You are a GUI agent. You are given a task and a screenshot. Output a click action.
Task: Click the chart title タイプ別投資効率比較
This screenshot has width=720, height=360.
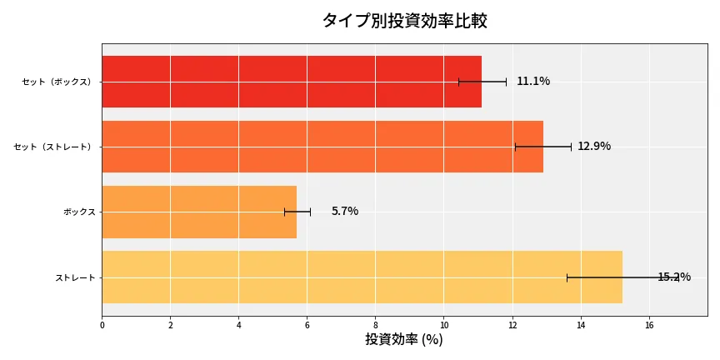click(404, 21)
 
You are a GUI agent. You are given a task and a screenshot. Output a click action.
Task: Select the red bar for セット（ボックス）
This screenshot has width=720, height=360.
click(292, 82)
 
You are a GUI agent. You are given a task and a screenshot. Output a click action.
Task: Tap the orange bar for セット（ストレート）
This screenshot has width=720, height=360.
click(322, 147)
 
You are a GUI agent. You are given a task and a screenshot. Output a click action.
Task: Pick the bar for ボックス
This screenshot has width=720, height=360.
click(199, 212)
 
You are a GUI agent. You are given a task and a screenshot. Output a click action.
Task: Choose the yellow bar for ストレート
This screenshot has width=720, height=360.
click(362, 277)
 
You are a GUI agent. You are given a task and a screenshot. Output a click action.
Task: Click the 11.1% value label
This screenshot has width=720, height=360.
click(533, 82)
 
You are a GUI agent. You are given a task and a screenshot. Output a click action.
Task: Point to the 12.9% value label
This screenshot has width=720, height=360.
click(594, 147)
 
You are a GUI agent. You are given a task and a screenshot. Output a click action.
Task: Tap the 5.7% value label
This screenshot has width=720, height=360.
click(345, 212)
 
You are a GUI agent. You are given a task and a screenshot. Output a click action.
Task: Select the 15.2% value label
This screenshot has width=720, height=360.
click(673, 277)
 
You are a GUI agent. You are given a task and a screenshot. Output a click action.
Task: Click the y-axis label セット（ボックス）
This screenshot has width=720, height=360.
click(57, 82)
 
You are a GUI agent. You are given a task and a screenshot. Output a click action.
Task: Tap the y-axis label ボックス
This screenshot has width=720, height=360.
click(79, 212)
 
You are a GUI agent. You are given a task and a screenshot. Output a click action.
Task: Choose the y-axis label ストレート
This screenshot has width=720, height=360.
click(75, 277)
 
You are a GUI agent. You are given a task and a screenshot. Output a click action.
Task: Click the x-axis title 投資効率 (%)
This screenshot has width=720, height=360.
click(404, 340)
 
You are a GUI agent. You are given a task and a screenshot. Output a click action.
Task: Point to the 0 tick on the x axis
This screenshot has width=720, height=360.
click(102, 325)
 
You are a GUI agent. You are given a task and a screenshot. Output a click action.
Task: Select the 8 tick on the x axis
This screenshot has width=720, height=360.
click(375, 325)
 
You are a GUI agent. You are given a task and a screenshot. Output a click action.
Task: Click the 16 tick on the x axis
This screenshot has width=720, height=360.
click(648, 325)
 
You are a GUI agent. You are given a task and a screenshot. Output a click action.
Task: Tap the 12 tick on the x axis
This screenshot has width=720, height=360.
click(512, 325)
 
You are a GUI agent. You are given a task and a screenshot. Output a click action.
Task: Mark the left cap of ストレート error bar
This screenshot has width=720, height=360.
click(567, 277)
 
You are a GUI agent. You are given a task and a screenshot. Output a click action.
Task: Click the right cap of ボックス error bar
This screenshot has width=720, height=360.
click(310, 212)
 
